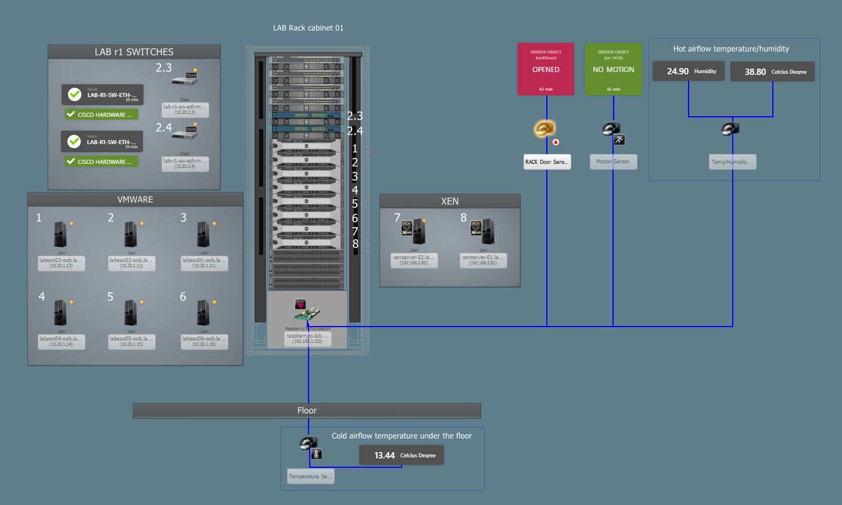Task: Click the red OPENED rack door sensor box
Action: click(x=546, y=69)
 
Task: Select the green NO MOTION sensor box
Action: click(x=613, y=69)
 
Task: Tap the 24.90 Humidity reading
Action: click(x=689, y=71)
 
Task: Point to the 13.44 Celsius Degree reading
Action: click(x=401, y=456)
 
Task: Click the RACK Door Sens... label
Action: click(x=547, y=162)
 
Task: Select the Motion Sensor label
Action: click(x=613, y=162)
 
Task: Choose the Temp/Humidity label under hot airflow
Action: click(x=732, y=162)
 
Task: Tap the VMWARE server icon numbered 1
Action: click(x=60, y=234)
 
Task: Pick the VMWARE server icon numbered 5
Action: click(x=131, y=313)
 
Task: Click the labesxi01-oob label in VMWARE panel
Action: click(x=205, y=263)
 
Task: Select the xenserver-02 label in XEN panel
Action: click(x=414, y=260)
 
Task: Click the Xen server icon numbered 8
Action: click(x=483, y=231)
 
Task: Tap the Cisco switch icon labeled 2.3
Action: click(x=185, y=80)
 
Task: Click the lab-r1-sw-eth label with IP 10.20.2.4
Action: click(x=185, y=163)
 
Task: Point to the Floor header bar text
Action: click(x=307, y=411)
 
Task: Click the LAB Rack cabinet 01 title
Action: click(x=308, y=28)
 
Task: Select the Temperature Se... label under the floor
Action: click(x=310, y=477)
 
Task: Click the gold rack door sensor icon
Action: click(x=544, y=128)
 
